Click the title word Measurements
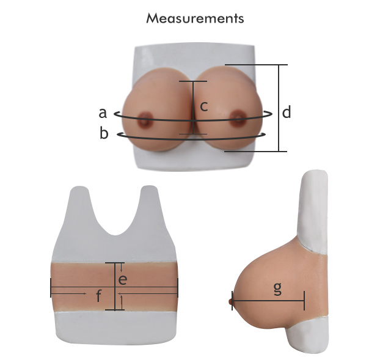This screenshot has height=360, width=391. pos(195,18)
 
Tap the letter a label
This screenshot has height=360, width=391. pos(103,113)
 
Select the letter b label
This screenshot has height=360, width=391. pos(104,133)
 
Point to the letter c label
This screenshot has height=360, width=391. pos(204,106)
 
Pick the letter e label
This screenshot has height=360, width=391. pos(123,280)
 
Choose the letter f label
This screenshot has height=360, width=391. pos(99,296)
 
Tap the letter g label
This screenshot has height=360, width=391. pos(277,289)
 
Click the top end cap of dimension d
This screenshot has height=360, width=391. pos(257,65)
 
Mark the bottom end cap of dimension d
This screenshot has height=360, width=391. pos(256,151)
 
